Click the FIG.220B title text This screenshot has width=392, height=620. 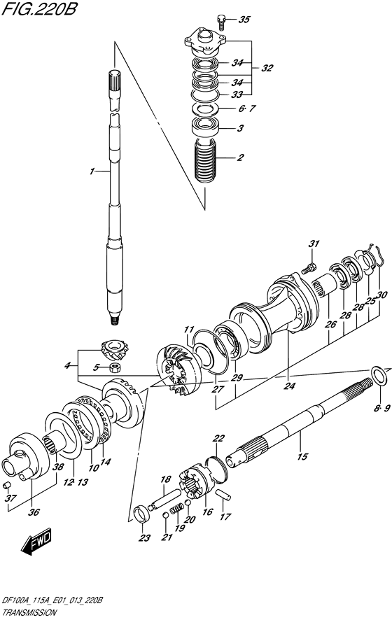click(x=39, y=8)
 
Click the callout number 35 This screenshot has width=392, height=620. click(x=244, y=19)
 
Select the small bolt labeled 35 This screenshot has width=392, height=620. click(x=220, y=21)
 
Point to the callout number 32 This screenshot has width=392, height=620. click(x=267, y=68)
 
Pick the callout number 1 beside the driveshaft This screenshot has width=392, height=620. click(x=92, y=171)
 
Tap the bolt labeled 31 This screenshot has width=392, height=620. click(x=307, y=269)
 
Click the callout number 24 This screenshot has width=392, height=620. click(x=289, y=386)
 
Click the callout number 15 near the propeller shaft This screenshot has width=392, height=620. click(x=302, y=457)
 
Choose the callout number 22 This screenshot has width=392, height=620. click(x=218, y=438)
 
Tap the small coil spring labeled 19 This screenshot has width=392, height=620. click(x=178, y=507)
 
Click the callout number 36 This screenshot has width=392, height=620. click(x=34, y=512)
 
